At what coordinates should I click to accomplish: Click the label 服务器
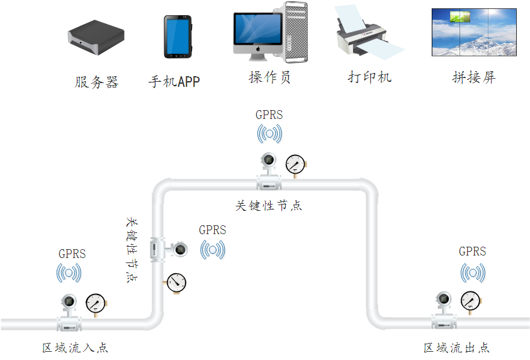pyautogui.click(x=96, y=82)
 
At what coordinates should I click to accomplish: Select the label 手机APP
pyautogui.click(x=174, y=82)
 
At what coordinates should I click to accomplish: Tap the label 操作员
pyautogui.click(x=269, y=77)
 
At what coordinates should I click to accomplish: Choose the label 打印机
pyautogui.click(x=369, y=77)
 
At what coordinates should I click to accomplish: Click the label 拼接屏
pyautogui.click(x=474, y=77)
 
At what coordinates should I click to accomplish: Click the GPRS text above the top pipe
pyautogui.click(x=269, y=115)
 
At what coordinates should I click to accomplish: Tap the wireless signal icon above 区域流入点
pyautogui.click(x=69, y=273)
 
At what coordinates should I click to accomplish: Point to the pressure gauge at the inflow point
pyautogui.click(x=96, y=303)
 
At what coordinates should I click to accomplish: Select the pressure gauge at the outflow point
pyautogui.click(x=470, y=301)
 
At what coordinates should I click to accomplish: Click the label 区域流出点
pyautogui.click(x=456, y=348)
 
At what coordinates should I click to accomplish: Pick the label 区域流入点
pyautogui.click(x=75, y=348)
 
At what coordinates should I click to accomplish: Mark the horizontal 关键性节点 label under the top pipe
pyautogui.click(x=269, y=206)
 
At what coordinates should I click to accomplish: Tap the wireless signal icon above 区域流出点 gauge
pyautogui.click(x=473, y=273)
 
